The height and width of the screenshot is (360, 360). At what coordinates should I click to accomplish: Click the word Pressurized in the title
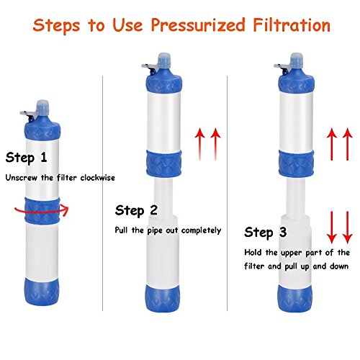pos(198,26)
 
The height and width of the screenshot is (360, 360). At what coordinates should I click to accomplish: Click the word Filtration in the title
pos(292,24)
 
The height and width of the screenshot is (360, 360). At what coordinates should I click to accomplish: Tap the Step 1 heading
pos(26,158)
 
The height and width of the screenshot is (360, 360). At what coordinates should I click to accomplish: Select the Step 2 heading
pos(136,210)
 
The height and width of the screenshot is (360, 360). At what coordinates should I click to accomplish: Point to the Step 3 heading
pos(266,232)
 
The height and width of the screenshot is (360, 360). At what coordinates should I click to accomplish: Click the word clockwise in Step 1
pos(97,178)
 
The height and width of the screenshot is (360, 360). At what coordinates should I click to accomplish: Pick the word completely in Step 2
pos(201,230)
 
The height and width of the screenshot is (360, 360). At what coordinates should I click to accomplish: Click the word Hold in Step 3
pos(253,252)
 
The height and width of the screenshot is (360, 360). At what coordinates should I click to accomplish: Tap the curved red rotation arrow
pos(42,211)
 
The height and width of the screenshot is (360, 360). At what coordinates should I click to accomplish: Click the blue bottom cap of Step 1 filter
pos(42,292)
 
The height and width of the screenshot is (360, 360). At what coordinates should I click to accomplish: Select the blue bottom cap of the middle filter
pos(163,297)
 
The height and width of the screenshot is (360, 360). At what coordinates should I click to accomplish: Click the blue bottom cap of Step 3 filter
pos(295,297)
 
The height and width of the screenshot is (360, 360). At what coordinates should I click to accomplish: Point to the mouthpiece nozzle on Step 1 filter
pos(42,107)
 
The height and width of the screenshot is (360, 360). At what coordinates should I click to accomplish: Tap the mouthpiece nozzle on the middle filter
pos(164,60)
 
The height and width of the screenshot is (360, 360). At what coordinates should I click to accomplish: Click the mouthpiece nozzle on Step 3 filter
pos(297,60)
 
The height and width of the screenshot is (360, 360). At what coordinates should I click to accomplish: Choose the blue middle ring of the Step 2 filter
pos(163,163)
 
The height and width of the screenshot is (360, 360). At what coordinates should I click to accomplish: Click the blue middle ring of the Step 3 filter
pos(296,163)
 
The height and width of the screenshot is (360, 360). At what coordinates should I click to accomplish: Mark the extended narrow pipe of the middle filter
pos(163,197)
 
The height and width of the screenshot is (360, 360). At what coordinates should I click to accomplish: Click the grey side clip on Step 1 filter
pos(28,114)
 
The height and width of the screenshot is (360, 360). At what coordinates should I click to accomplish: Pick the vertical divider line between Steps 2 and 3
pos(227,193)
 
